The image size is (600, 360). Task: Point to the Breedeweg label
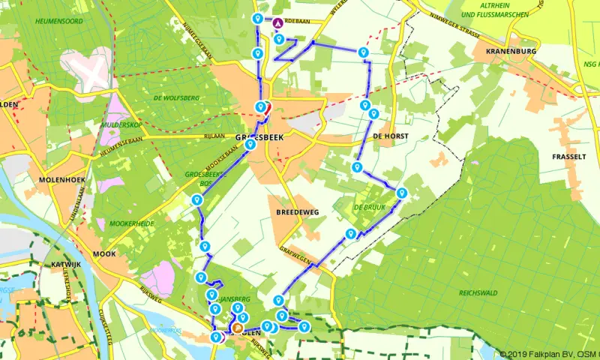pyautogui.click(x=297, y=212)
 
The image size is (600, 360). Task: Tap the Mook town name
pyautogui.click(x=104, y=254)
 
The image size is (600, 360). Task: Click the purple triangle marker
pyautogui.click(x=278, y=22)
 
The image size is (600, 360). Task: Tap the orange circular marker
pyautogui.click(x=238, y=328)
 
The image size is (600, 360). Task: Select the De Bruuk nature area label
pyautogui.click(x=368, y=207)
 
